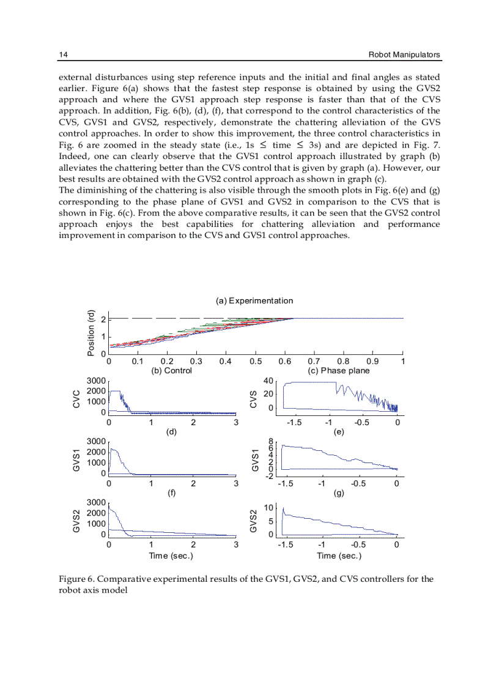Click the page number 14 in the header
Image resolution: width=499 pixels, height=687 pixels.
click(x=62, y=55)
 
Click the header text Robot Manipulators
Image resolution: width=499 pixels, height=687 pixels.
click(x=404, y=55)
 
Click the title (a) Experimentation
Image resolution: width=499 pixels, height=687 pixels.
click(x=254, y=300)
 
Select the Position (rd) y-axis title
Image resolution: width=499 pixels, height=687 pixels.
click(x=91, y=332)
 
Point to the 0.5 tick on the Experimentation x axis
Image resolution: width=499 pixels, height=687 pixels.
click(x=256, y=361)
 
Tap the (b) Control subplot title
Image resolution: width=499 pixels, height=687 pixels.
click(x=172, y=370)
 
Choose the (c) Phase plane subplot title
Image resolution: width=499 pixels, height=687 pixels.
click(x=338, y=370)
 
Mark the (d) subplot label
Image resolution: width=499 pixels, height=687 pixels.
click(x=172, y=431)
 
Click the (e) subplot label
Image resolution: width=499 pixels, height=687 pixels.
click(x=338, y=431)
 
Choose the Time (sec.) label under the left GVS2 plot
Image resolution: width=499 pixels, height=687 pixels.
click(x=172, y=555)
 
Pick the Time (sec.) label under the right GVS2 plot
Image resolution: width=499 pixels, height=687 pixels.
click(x=339, y=555)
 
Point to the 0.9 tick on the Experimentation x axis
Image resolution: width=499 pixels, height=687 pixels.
click(x=373, y=361)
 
